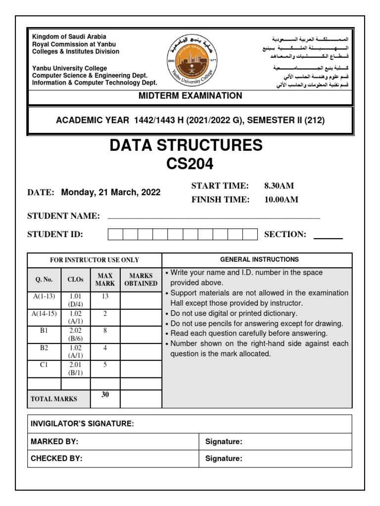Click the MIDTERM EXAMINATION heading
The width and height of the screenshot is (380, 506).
[190, 96]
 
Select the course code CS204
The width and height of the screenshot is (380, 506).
[190, 164]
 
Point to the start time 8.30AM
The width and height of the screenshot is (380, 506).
[279, 186]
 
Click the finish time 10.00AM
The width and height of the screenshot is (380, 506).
[281, 200]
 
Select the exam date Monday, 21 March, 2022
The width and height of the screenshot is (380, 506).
[111, 193]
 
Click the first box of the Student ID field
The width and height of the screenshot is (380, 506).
[115, 234]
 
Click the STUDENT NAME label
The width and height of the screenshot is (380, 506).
[63, 216]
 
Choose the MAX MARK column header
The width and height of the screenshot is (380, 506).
[105, 280]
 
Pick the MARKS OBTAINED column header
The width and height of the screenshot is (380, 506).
[141, 280]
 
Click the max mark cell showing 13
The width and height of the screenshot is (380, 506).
[105, 296]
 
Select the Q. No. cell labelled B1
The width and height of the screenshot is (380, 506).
[44, 331]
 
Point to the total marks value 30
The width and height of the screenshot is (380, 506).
[105, 394]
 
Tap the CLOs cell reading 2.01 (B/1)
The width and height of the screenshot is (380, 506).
[76, 369]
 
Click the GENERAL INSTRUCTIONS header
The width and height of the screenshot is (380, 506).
[259, 259]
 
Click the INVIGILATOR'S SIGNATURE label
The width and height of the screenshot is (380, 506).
[82, 424]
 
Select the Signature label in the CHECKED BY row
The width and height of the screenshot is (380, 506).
[224, 459]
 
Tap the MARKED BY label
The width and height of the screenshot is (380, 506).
[54, 442]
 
